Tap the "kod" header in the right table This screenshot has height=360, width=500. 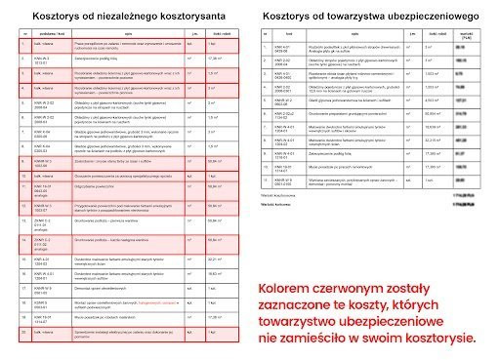pyautogui.click(x=289, y=34)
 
